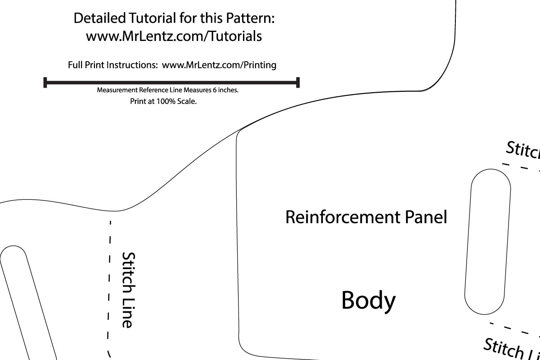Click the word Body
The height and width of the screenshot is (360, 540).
[369, 300]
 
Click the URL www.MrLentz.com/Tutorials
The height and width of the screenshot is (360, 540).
[174, 36]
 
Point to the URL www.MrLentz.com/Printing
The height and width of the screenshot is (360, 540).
[219, 65]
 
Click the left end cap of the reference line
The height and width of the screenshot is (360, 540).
[45, 82]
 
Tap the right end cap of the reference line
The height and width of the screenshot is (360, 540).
[298, 82]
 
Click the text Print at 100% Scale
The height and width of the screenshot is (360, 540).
[163, 101]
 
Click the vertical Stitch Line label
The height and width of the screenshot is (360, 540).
[128, 289]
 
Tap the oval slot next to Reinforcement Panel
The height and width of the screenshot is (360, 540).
[488, 242]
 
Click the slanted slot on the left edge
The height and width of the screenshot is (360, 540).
[27, 301]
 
